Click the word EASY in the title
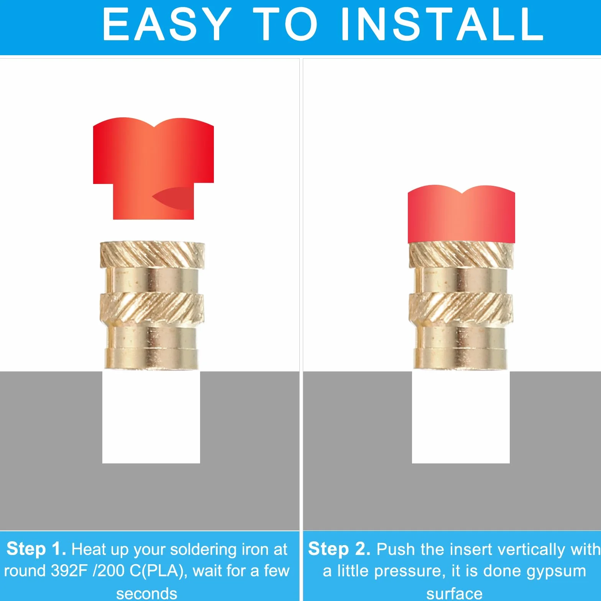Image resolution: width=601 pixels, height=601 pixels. click(x=167, y=24)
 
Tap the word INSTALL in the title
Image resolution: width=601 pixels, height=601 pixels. click(x=442, y=24)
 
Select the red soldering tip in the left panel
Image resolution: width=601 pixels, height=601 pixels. click(x=153, y=169)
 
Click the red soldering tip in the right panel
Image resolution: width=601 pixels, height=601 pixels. click(x=461, y=214)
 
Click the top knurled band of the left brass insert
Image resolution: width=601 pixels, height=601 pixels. click(x=152, y=255)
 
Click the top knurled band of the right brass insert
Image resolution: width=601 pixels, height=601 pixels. click(x=461, y=255)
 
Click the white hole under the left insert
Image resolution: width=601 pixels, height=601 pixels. click(x=151, y=417)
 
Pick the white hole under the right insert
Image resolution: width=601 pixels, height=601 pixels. click(x=461, y=417)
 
